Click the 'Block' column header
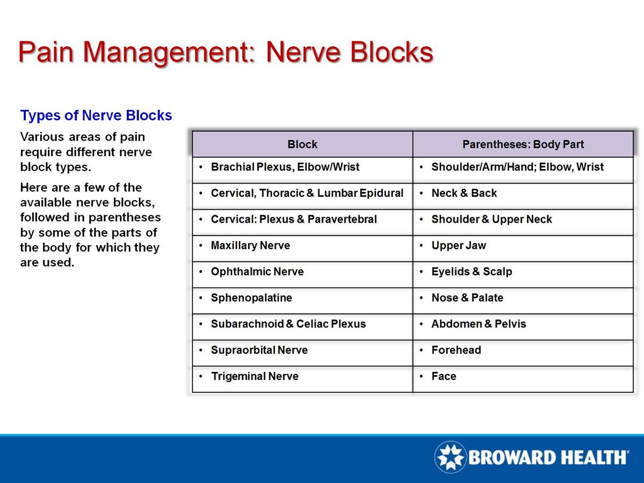pos(302,144)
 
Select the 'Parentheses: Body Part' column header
pos(523,144)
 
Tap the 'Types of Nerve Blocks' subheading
pos(96,115)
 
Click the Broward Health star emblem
pos(450,457)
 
